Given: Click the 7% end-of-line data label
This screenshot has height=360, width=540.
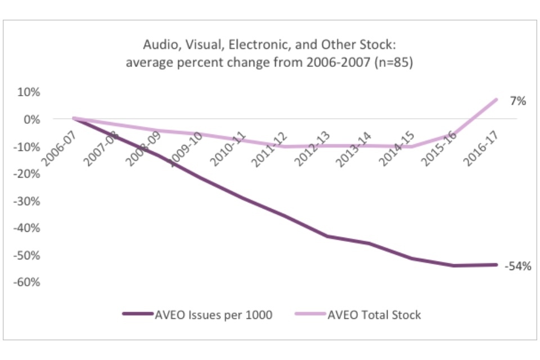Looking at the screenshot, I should pos(517,101).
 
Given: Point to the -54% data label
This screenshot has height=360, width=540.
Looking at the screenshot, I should pos(517,267).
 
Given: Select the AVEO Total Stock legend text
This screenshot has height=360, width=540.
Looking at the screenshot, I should pos(374,315).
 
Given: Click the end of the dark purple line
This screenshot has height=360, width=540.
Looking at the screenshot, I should pos(497,264).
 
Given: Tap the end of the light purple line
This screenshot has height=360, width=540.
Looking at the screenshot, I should pos(497,100).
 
